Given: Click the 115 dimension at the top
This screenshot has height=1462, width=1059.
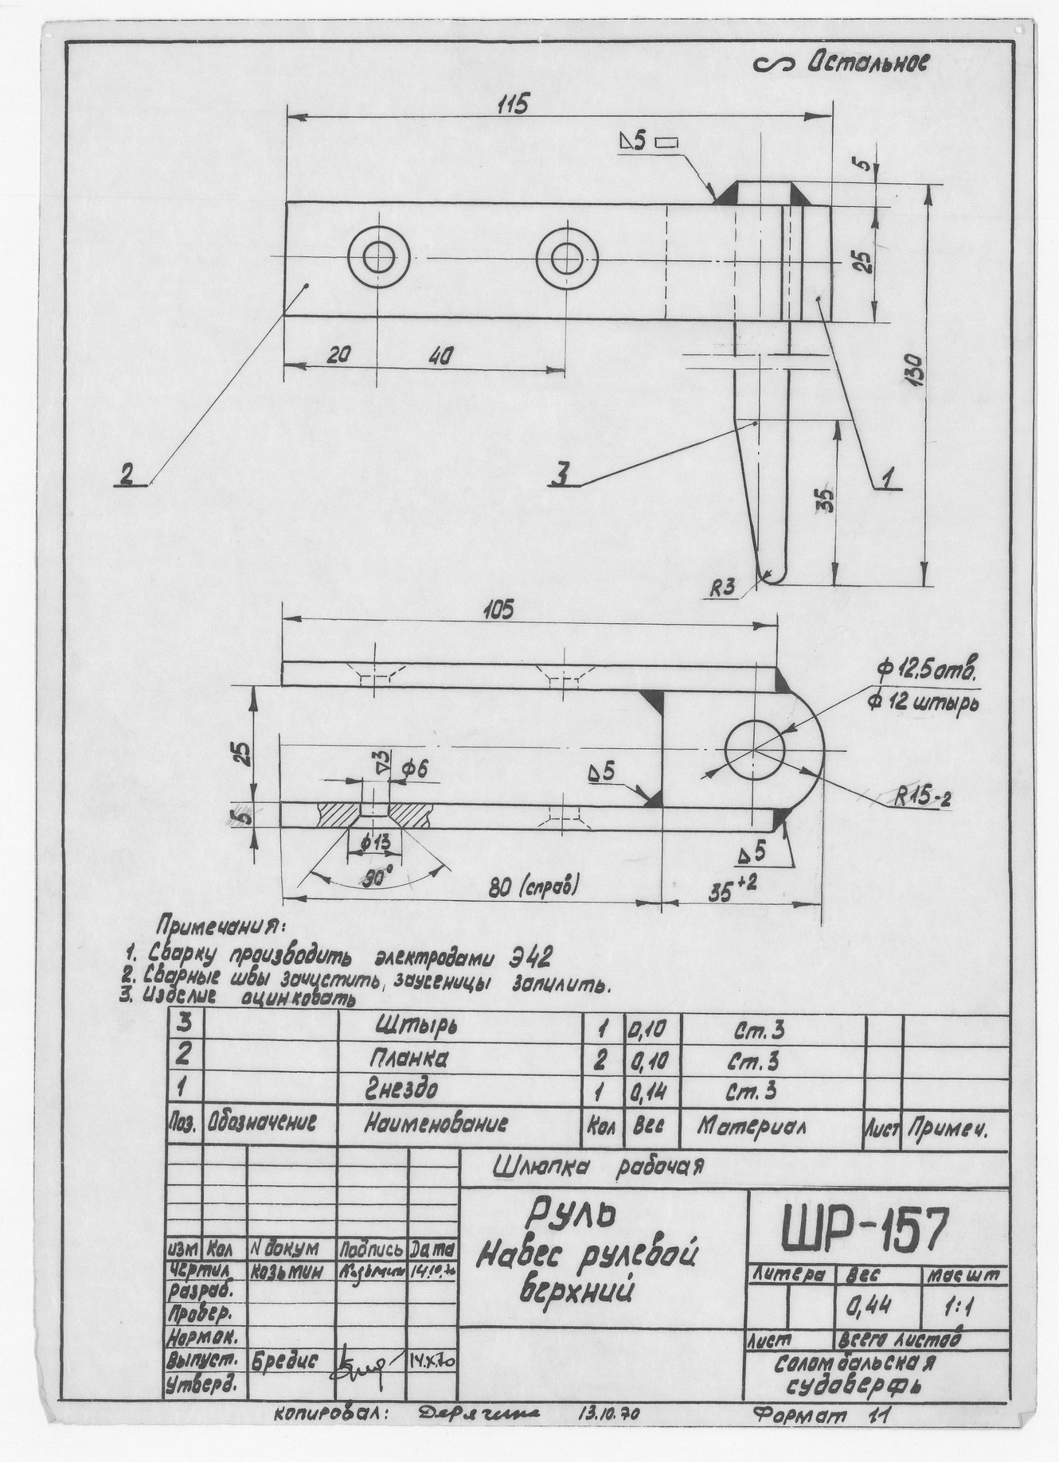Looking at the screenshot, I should (513, 105).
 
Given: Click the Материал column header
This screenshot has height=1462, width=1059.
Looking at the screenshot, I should (752, 1126).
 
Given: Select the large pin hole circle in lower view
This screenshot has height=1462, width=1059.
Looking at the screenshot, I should (754, 749).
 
